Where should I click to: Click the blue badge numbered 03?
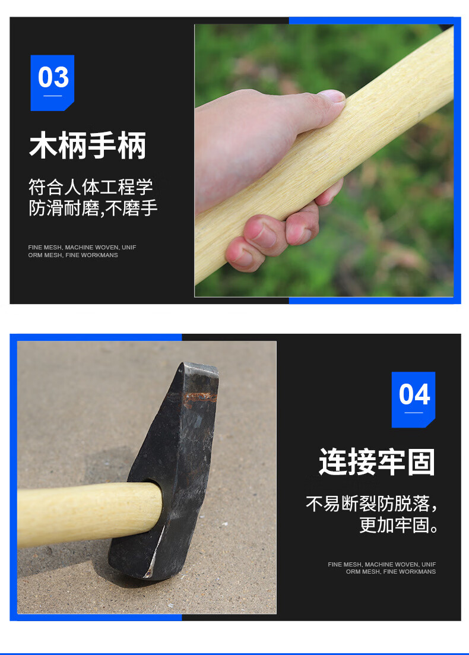[x=52, y=83]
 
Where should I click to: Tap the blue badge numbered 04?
[x=413, y=399]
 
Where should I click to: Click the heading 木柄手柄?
[x=88, y=145]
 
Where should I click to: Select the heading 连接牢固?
[x=377, y=462]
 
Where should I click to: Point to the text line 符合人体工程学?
[x=91, y=186]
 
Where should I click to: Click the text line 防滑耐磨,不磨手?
[x=93, y=208]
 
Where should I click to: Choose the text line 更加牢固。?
[x=399, y=525]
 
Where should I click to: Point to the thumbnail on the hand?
[x=332, y=96]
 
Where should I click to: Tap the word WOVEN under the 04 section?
[x=407, y=564]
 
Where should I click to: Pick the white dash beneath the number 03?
[x=53, y=96]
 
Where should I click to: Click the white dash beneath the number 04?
[x=413, y=413]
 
